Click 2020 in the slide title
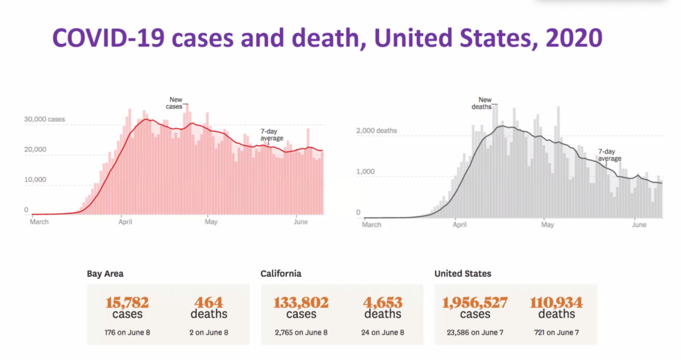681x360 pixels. pyautogui.click(x=573, y=39)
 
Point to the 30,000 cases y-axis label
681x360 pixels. pyautogui.click(x=45, y=120)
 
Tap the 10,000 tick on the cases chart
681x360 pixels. pyautogui.click(x=36, y=180)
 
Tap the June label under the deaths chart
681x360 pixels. pyautogui.click(x=638, y=225)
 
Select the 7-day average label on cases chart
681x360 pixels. pyautogui.click(x=271, y=135)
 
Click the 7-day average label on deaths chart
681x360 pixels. pyautogui.click(x=609, y=155)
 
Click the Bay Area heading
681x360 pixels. pyautogui.click(x=105, y=273)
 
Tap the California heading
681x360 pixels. pyautogui.click(x=281, y=273)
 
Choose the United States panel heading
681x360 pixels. pyautogui.click(x=463, y=273)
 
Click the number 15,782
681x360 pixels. pyautogui.click(x=127, y=303)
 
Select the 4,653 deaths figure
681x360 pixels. pyautogui.click(x=382, y=303)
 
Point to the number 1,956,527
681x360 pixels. pyautogui.click(x=475, y=303)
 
